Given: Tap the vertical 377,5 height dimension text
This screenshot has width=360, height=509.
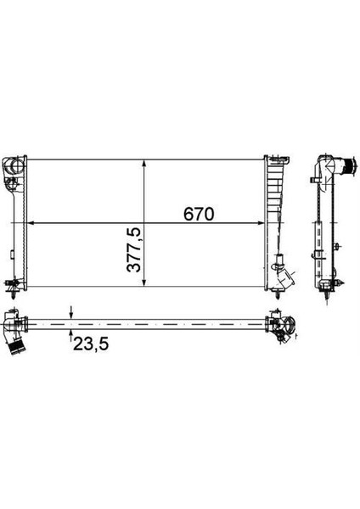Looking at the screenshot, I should click(x=133, y=248).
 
